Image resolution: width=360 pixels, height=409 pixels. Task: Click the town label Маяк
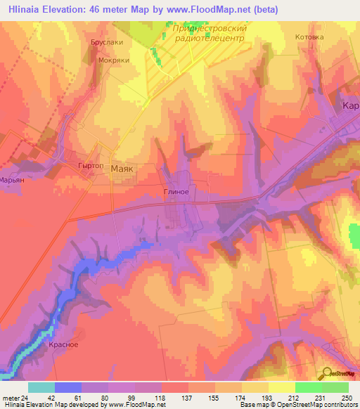(x=122, y=169)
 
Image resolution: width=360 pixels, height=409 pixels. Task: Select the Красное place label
(x=63, y=344)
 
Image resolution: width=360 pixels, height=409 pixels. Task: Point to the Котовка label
(x=309, y=37)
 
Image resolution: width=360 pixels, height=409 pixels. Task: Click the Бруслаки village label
(x=107, y=43)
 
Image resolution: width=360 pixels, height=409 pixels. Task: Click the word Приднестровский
(x=210, y=28)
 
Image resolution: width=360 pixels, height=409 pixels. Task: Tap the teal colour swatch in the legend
(x=41, y=387)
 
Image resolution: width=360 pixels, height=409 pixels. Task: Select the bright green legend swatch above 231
(x=308, y=387)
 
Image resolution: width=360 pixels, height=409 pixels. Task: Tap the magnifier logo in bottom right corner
(x=326, y=373)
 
